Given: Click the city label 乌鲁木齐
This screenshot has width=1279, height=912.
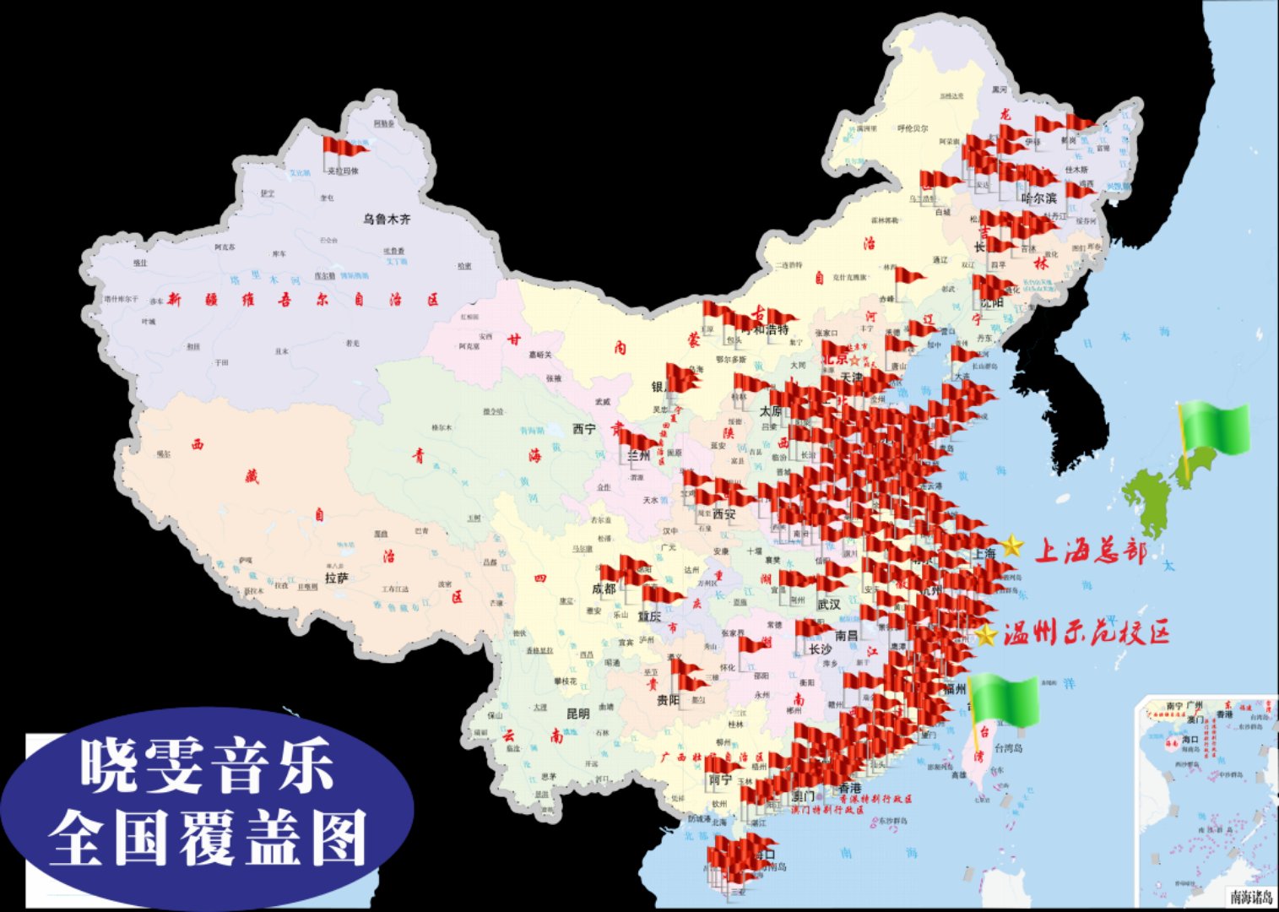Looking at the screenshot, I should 387,219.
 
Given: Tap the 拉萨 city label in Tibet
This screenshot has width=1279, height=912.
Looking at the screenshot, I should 336,578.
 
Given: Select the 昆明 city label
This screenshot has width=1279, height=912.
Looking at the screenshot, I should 578,714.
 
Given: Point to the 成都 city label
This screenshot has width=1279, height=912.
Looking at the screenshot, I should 604,589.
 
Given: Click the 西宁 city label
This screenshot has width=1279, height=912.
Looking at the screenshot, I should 584,429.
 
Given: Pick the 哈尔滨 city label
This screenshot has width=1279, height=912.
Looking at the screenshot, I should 1038,198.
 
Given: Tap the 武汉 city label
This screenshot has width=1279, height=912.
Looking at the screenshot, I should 829,604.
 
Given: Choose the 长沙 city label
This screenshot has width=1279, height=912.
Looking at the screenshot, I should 820,649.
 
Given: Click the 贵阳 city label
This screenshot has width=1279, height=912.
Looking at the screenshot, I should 668,700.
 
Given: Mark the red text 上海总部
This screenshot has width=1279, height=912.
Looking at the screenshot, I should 1091,551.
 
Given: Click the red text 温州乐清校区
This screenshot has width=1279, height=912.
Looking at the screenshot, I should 1087,633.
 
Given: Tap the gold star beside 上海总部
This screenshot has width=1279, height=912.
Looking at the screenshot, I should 1012,546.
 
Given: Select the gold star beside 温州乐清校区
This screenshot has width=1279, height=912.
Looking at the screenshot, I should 985,634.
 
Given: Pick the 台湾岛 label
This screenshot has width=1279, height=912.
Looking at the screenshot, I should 1008,748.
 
